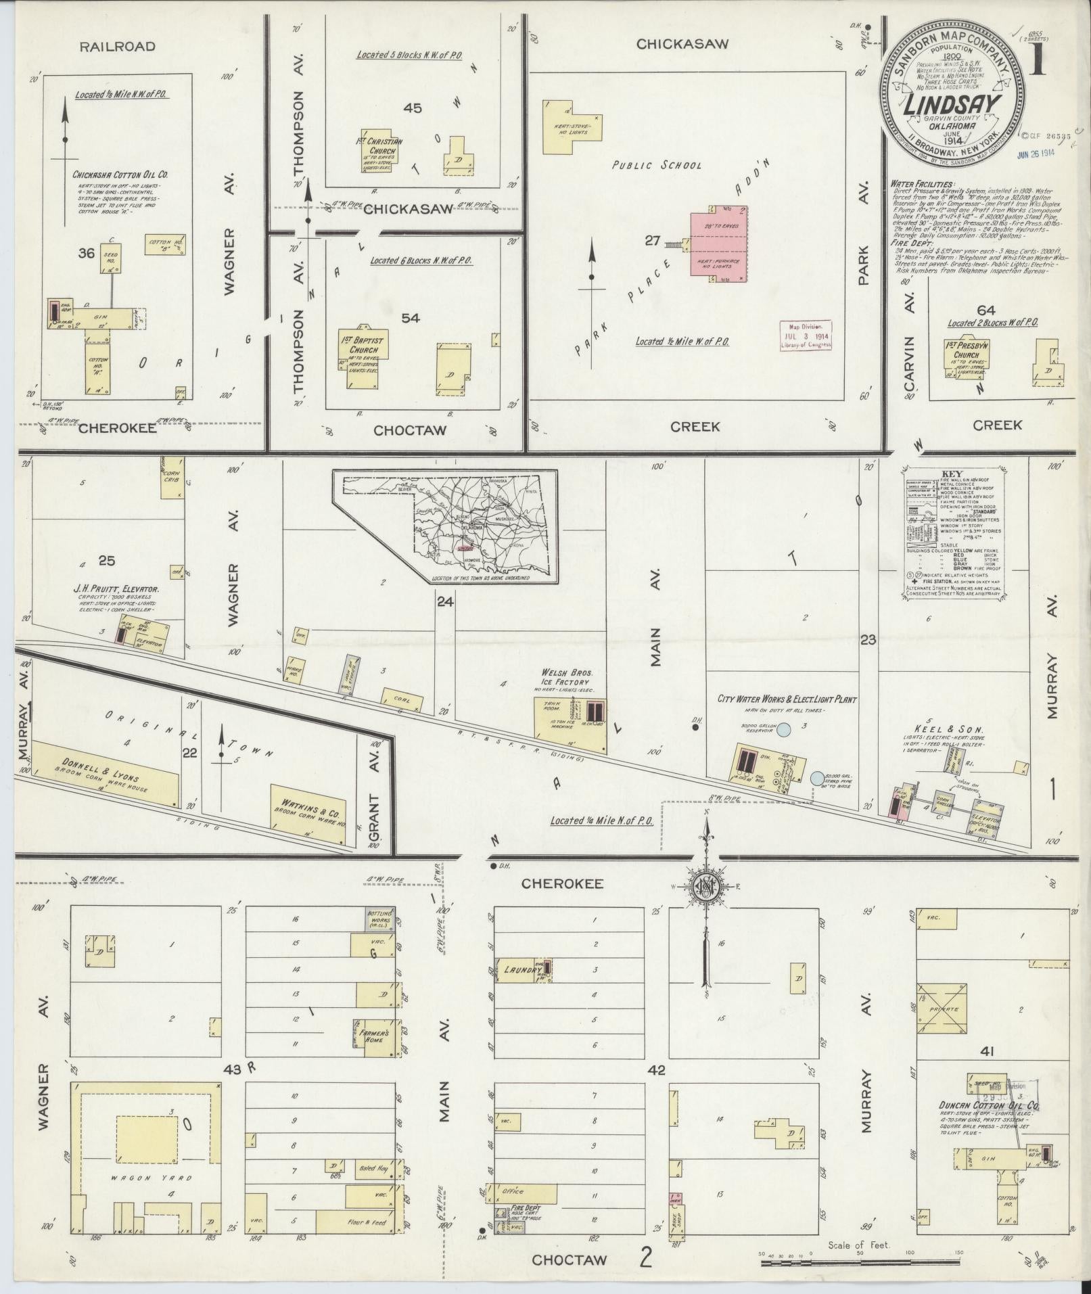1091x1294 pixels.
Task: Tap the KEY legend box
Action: pyautogui.click(x=954, y=534)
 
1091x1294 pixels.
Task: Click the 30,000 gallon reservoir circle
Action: pyautogui.click(x=783, y=730)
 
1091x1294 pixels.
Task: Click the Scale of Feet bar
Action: pyautogui.click(x=860, y=1262)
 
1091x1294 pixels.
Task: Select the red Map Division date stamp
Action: pyautogui.click(x=807, y=335)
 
